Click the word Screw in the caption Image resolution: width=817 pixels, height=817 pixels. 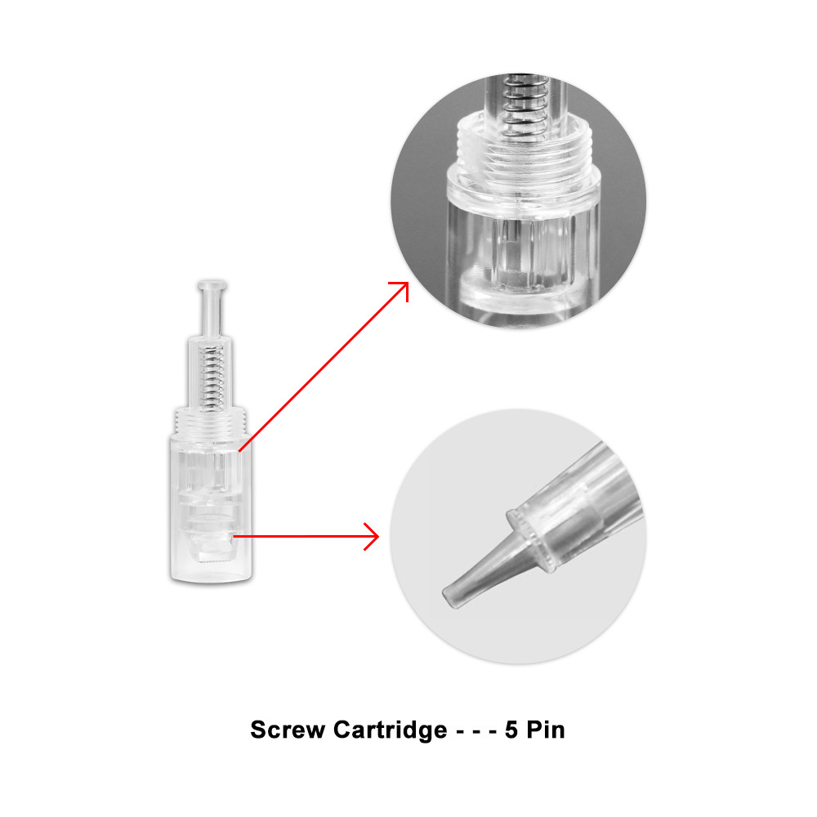pyautogui.click(x=288, y=730)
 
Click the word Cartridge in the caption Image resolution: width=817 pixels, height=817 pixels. pyautogui.click(x=390, y=730)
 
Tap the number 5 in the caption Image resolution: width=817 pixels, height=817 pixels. pyautogui.click(x=511, y=730)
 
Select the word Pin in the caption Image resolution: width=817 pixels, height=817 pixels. pyautogui.click(x=546, y=730)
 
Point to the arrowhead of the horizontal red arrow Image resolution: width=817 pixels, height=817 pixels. pyautogui.click(x=372, y=536)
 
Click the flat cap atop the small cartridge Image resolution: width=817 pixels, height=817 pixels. pyautogui.click(x=212, y=286)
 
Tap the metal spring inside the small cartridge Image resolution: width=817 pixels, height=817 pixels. pyautogui.click(x=212, y=377)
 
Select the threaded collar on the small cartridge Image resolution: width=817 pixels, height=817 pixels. pyautogui.click(x=211, y=421)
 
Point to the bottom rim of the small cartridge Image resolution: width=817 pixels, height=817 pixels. pyautogui.click(x=211, y=578)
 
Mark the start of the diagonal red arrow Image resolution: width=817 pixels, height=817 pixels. pyautogui.click(x=239, y=451)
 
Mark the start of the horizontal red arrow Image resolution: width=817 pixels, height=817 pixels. pyautogui.click(x=233, y=536)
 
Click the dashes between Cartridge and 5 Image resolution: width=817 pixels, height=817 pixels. pyautogui.click(x=476, y=731)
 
